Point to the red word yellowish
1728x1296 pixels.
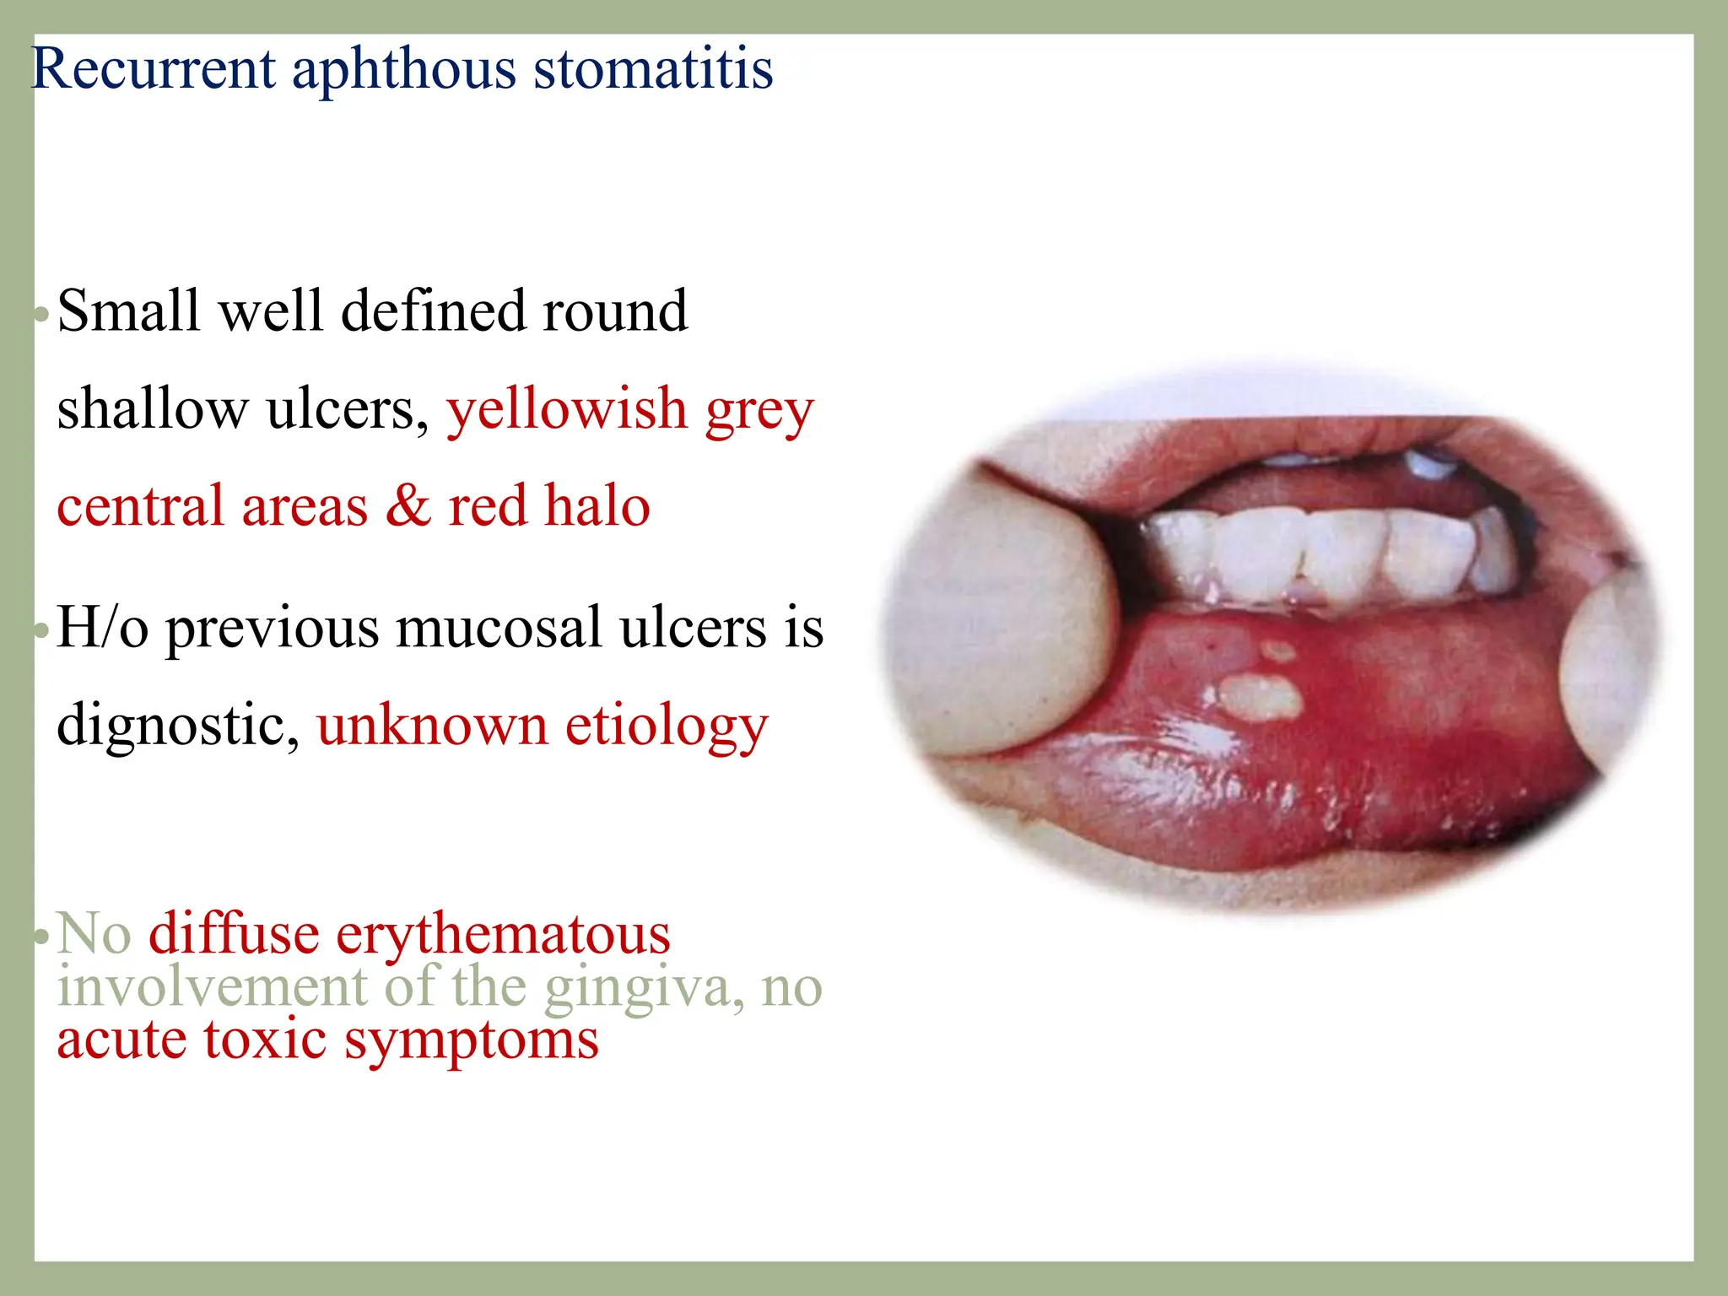567,410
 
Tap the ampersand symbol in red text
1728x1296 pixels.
408,506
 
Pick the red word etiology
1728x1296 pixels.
667,726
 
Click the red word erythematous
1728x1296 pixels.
503,935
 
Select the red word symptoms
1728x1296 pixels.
472,1039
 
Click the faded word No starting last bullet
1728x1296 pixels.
94,935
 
